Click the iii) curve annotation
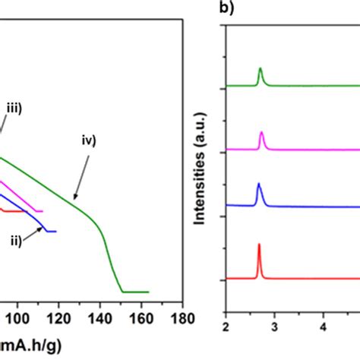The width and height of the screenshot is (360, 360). [x=13, y=109]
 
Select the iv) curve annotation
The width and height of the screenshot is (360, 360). [x=90, y=140]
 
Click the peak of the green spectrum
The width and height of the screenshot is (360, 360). [x=261, y=69]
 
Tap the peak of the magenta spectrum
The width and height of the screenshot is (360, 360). [x=261, y=133]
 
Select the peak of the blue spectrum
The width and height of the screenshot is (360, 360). [x=259, y=185]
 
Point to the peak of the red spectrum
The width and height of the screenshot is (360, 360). [x=259, y=245]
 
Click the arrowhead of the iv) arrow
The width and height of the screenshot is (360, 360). [x=74, y=198]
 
